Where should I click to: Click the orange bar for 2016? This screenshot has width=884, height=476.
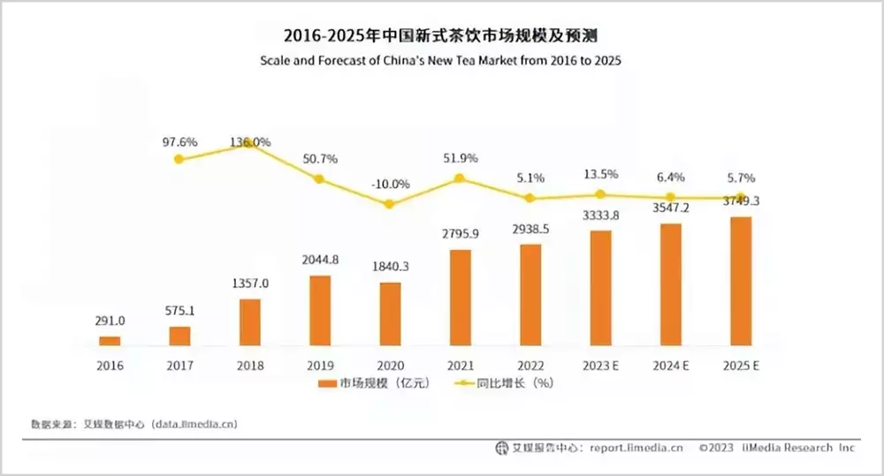pos(109,340)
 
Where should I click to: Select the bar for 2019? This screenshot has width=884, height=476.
pos(319,310)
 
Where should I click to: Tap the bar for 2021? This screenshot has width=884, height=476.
pos(460,297)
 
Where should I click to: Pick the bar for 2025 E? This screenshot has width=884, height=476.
pos(741,280)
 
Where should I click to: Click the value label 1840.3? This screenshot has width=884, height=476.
pos(390,267)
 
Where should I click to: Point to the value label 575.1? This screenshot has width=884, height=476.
pos(179,311)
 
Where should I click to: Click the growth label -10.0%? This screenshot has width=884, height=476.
pos(390,184)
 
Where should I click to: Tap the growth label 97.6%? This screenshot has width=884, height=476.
pos(179,141)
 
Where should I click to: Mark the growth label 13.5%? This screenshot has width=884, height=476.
pos(600,174)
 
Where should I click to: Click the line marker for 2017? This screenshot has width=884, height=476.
pos(179,159)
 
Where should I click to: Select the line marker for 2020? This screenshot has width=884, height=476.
pos(390,204)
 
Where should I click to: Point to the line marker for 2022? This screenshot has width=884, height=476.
pos(530,198)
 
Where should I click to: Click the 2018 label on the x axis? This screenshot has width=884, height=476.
pos(249,365)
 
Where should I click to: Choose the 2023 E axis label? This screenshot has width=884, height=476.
pos(600,365)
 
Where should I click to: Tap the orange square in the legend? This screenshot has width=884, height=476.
pos(323,384)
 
